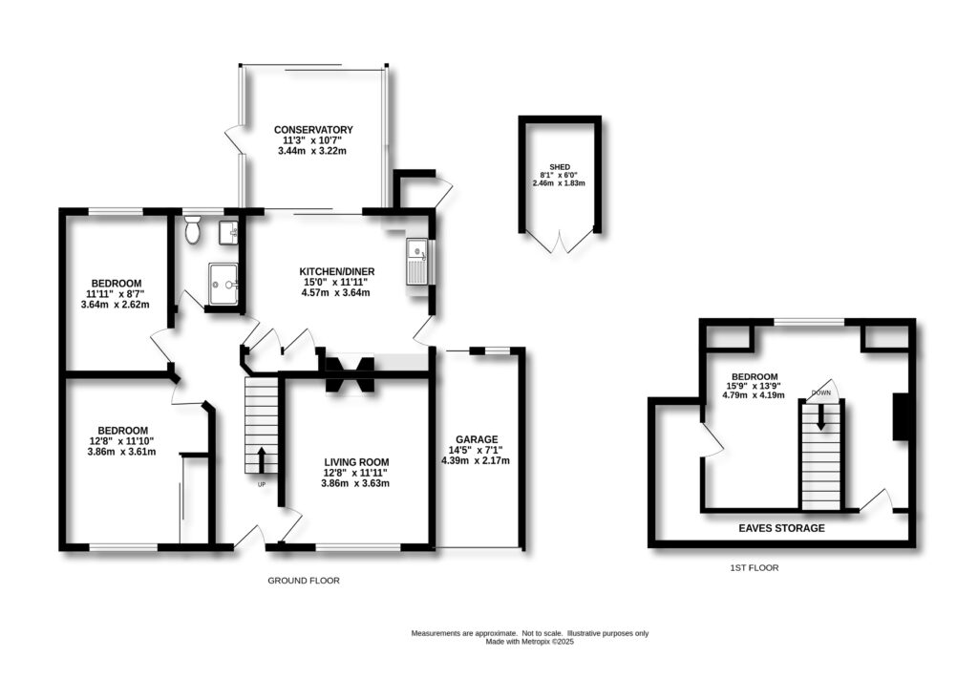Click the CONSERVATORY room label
[313, 130]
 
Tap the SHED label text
[559, 163]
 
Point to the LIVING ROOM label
[355, 461]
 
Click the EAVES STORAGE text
[781, 527]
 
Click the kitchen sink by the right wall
[417, 261]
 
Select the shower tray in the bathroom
[223, 283]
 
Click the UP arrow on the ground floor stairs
[261, 459]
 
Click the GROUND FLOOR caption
[303, 581]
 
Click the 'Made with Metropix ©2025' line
[529, 642]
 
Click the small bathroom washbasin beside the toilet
[228, 231]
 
